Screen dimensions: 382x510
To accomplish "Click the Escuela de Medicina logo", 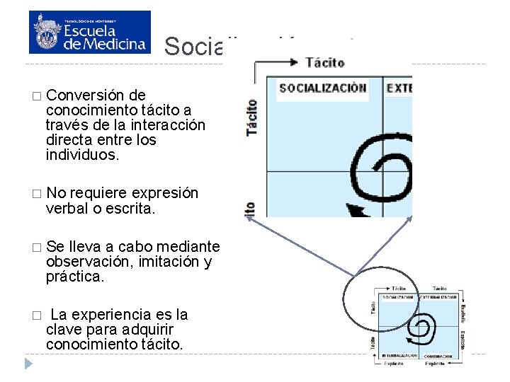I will (90, 32).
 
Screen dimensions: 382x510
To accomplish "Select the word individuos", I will (83, 155).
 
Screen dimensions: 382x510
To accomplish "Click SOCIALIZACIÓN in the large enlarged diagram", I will (322, 88).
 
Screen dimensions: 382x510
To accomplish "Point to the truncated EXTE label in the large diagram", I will (399, 88).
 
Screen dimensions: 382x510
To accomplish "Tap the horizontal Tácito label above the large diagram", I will (325, 62).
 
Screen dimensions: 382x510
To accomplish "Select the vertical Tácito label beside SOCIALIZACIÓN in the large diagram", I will (251, 117).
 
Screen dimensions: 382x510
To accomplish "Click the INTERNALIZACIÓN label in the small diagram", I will (399, 354).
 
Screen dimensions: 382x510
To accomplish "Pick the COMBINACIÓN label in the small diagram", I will (439, 354).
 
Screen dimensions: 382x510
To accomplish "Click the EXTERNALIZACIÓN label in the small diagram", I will (439, 297).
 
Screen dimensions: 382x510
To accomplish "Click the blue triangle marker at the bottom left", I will (28, 364).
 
